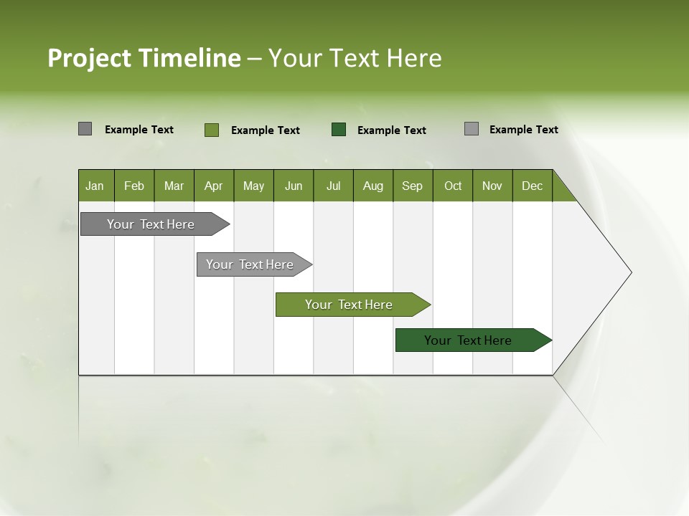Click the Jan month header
click(x=95, y=186)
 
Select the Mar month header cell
click(x=174, y=186)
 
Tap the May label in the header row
click(x=253, y=186)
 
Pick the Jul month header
click(x=333, y=186)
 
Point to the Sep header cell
click(x=412, y=186)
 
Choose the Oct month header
click(x=453, y=186)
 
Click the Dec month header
click(x=532, y=186)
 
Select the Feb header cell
click(x=134, y=186)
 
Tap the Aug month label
click(x=372, y=186)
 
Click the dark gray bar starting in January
click(x=151, y=224)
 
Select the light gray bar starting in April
click(x=250, y=264)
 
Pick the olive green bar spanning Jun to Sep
click(x=349, y=305)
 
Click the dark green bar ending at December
click(x=468, y=340)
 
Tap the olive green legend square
click(x=212, y=130)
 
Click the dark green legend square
click(x=339, y=130)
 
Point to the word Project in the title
click(x=89, y=58)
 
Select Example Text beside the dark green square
click(x=392, y=130)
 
